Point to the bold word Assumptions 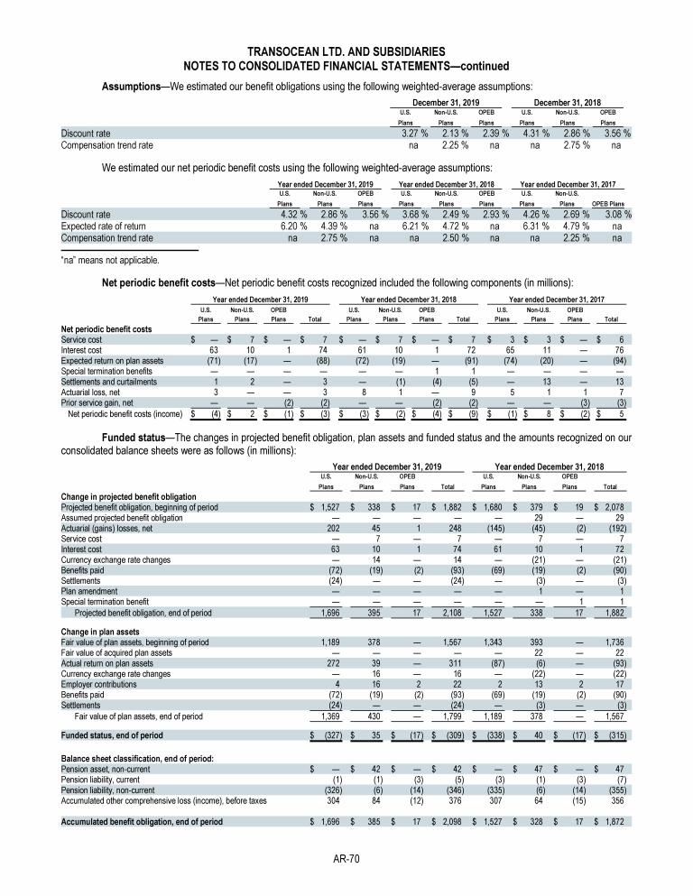[134, 85]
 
